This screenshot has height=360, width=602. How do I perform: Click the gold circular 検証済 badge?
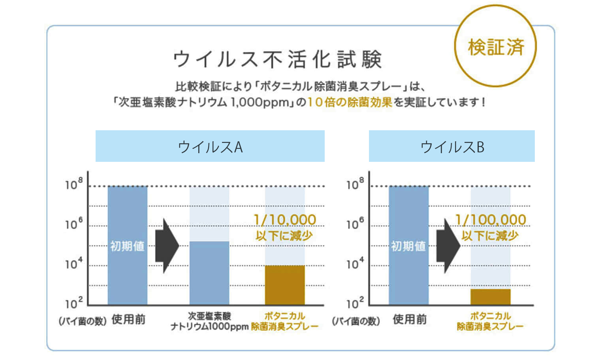pos(495,47)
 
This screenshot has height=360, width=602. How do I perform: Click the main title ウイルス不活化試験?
pos(277,59)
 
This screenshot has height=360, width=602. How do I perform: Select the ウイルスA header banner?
pos(210,146)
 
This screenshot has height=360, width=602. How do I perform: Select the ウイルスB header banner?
pos(451,146)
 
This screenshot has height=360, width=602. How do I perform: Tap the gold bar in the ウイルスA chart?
pos(284,285)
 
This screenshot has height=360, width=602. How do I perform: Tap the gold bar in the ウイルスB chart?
pos(490,296)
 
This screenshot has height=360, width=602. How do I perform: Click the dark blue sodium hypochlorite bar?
pos(209,272)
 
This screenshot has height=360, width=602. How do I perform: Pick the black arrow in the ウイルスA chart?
pos(166,246)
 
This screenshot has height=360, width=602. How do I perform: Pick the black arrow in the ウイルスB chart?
pos(448,246)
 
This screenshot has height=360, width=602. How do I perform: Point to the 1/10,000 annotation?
pos(284,220)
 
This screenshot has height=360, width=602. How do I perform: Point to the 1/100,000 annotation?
pos(490,220)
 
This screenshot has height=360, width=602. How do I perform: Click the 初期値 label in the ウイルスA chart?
pos(127,246)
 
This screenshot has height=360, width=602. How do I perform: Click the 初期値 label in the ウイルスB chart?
pos(408,246)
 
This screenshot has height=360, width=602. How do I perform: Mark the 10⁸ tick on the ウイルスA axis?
pos(74,184)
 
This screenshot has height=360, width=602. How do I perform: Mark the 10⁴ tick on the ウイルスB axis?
pos(355,264)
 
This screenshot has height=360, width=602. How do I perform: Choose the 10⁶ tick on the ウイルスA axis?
pos(74,224)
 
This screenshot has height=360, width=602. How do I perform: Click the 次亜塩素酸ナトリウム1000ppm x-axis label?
pos(209,321)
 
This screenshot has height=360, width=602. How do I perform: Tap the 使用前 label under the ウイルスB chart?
pos(410,319)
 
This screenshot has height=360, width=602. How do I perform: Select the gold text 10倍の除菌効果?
pos(350,102)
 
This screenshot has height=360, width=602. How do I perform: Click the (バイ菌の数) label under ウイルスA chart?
pos(83,321)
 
